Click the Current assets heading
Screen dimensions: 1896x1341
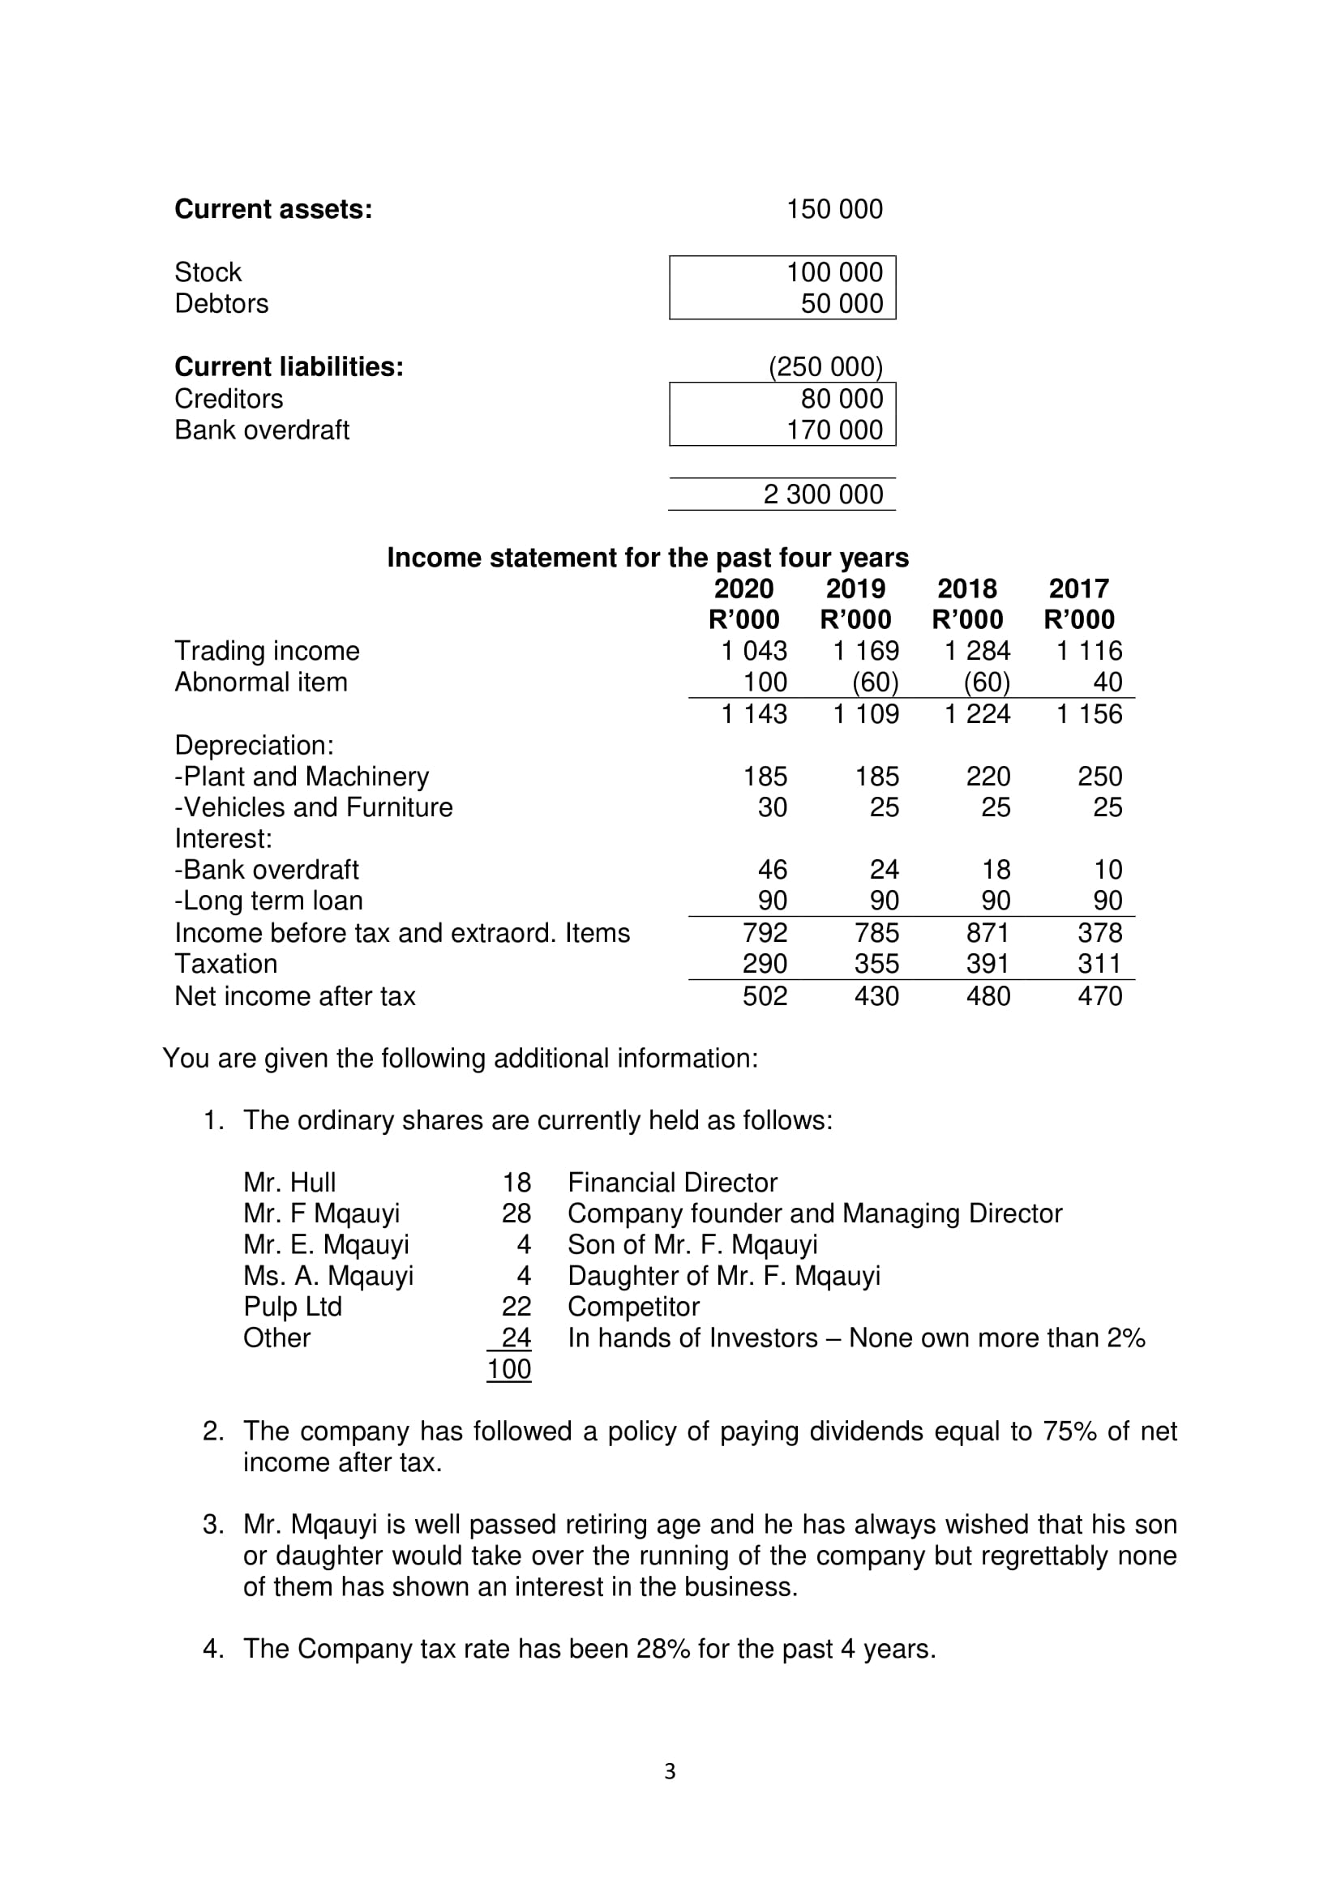pos(273,209)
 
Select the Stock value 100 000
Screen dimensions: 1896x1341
pos(834,272)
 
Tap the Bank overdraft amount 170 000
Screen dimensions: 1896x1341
pos(834,430)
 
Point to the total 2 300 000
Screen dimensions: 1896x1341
pos(822,494)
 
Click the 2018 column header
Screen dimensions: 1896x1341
pos(967,588)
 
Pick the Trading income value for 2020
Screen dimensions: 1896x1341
pos(754,651)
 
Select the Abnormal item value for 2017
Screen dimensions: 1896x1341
pos(1108,682)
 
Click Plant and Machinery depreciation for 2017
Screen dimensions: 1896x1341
pos(1099,777)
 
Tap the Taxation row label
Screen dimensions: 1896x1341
pos(225,964)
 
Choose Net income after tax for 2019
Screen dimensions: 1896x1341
pos(876,996)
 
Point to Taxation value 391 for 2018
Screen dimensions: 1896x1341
pos(988,964)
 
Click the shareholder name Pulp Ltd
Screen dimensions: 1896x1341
pos(293,1307)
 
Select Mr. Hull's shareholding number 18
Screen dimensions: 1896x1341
pos(516,1183)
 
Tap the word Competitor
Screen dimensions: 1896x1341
pos(633,1307)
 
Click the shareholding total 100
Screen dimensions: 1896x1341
pos(508,1369)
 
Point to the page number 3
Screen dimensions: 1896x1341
pos(670,1770)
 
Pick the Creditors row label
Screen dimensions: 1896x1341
pos(229,398)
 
